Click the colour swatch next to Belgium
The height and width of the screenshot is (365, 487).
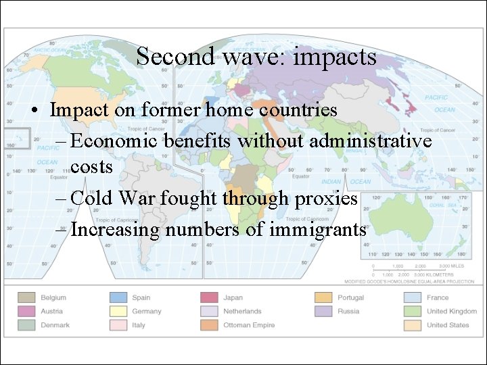tap(27, 297)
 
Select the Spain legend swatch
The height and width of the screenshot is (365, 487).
tap(118, 297)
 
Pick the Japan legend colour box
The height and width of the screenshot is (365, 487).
tap(209, 297)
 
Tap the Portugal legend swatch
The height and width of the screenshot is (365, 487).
tap(324, 297)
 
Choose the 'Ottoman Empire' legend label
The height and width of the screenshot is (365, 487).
tap(249, 325)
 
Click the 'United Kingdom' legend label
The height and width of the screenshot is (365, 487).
tap(453, 312)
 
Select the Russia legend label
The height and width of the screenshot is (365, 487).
tap(348, 312)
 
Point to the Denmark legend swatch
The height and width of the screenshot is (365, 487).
tap(27, 325)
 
